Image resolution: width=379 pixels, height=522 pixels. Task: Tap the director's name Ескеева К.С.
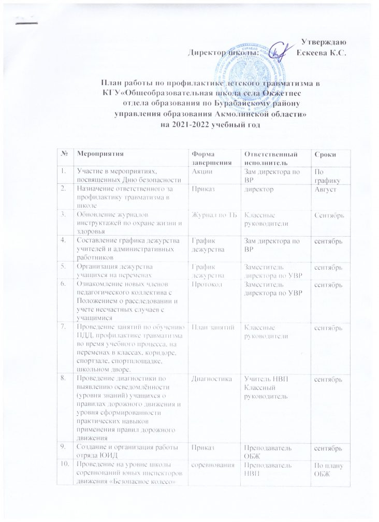(324, 52)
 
